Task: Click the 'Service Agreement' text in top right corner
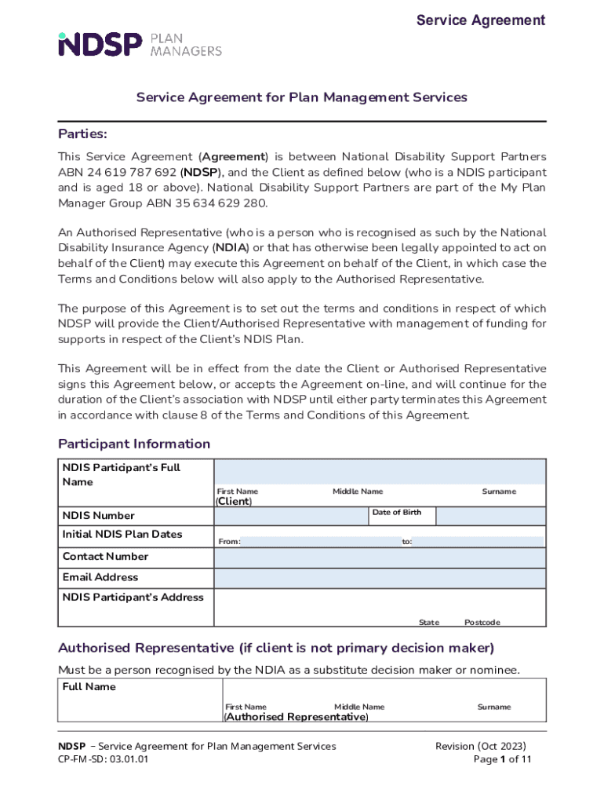[x=480, y=20]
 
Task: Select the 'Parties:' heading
[x=82, y=134]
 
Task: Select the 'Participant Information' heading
[x=134, y=444]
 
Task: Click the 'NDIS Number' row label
[x=98, y=516]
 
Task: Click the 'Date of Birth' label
[x=396, y=513]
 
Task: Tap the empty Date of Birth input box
[x=490, y=516]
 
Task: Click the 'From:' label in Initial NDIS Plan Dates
[x=229, y=542]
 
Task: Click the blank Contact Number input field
[x=380, y=557]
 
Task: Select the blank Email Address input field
[x=380, y=578]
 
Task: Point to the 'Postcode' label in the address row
[x=482, y=623]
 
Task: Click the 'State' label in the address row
[x=428, y=623]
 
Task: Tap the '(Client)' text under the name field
[x=234, y=502]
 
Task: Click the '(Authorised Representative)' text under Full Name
[x=296, y=717]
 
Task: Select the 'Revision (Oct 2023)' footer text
[x=481, y=746]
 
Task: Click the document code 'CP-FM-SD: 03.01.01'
[x=103, y=760]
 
